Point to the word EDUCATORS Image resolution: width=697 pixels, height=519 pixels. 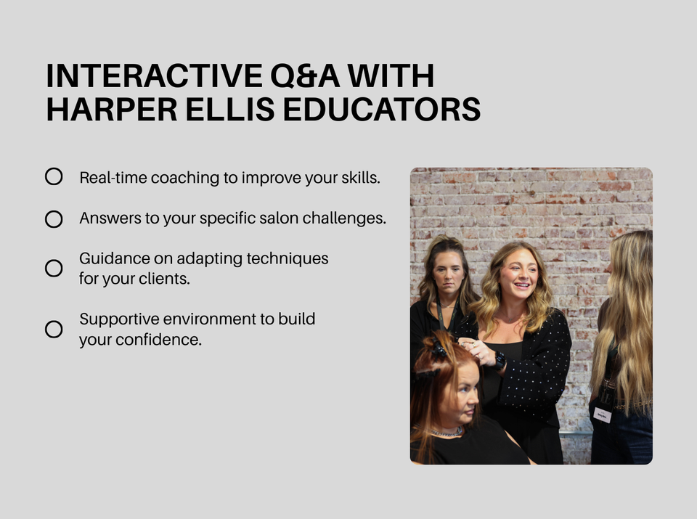click(382, 110)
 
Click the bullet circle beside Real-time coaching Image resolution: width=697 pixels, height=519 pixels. click(54, 176)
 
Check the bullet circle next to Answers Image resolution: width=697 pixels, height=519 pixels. click(54, 219)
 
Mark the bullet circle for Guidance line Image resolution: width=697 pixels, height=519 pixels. click(54, 269)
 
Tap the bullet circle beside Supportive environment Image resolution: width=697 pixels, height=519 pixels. click(54, 330)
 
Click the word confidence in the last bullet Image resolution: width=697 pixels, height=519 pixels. click(158, 340)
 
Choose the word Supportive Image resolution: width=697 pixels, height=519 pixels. click(119, 320)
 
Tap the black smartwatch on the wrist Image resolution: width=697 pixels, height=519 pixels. click(500, 361)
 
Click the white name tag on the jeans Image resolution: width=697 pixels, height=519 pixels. click(603, 414)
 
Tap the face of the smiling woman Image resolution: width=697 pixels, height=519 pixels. click(518, 276)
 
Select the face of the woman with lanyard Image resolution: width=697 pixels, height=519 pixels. click(448, 272)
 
